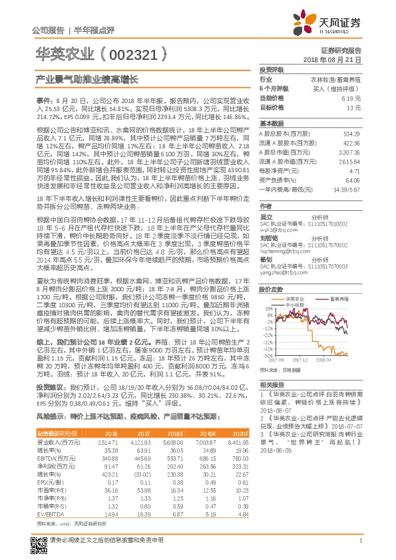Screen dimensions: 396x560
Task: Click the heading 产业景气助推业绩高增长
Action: [x=87, y=78]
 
